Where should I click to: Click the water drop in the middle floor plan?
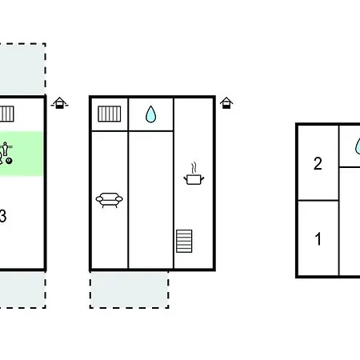[150, 114]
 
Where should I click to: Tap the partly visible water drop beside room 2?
[358, 146]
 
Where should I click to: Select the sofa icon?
[110, 200]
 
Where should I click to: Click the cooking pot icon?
[194, 179]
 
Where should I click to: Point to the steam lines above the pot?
[194, 168]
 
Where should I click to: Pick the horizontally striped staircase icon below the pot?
[184, 241]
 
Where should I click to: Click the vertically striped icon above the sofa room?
[110, 114]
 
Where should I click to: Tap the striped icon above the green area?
[6, 114]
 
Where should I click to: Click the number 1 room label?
[318, 238]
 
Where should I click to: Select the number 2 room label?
[318, 163]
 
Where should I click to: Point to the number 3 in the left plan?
[2, 216]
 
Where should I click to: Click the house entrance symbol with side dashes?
[60, 103]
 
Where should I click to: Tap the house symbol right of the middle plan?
[226, 103]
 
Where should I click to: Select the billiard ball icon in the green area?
[9, 161]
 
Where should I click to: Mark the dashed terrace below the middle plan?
[129, 290]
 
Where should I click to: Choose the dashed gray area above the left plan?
[22, 69]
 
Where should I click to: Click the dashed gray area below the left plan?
[22, 290]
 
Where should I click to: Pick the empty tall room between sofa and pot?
[151, 200]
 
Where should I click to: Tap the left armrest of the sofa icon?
[99, 199]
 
